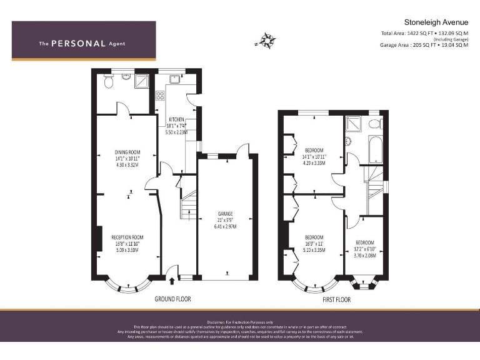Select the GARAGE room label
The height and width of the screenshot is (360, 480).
[x=225, y=214]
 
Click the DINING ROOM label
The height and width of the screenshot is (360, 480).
[x=127, y=152]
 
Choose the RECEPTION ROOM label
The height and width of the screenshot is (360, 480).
[x=127, y=237]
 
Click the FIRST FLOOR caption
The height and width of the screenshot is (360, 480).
[x=336, y=299]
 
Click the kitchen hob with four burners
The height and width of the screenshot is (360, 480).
[x=160, y=96]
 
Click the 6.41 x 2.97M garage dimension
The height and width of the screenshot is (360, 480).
[x=225, y=226]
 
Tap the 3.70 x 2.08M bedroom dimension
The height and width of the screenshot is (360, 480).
[x=365, y=255]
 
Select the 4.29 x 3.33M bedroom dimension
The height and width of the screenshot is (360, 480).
[x=314, y=163]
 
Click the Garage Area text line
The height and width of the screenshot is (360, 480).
[x=424, y=45]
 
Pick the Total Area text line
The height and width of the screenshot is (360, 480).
[x=424, y=33]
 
